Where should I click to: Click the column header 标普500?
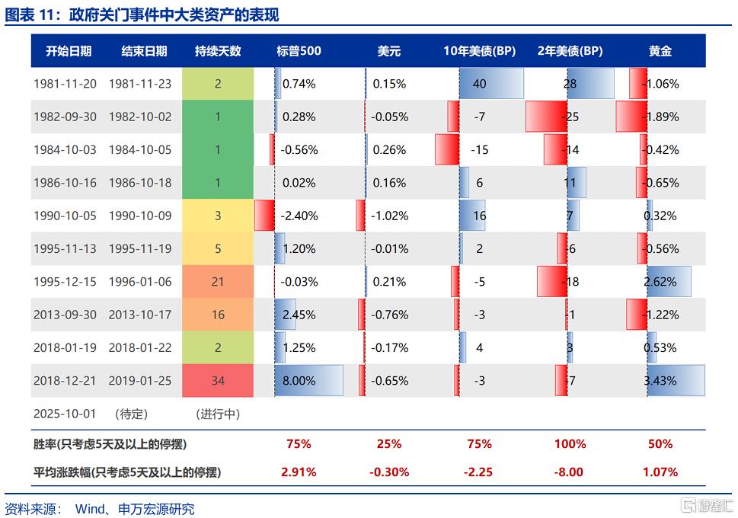[299, 51]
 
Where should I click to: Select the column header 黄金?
[660, 51]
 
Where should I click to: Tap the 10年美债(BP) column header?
[480, 51]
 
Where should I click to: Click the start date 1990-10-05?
[65, 216]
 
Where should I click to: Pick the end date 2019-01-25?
[140, 381]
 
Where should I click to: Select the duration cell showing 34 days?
[218, 381]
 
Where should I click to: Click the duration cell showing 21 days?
[218, 282]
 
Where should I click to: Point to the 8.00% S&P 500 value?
[299, 381]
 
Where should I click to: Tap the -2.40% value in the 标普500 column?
[299, 216]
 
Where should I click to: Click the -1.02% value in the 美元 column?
[390, 216]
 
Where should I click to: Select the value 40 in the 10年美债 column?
[479, 84]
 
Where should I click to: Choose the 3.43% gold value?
[660, 381]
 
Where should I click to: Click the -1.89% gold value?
[660, 117]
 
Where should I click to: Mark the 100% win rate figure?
[570, 443]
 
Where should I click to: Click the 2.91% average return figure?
[299, 472]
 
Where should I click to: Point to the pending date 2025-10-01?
[65, 414]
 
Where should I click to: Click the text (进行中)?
[218, 414]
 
